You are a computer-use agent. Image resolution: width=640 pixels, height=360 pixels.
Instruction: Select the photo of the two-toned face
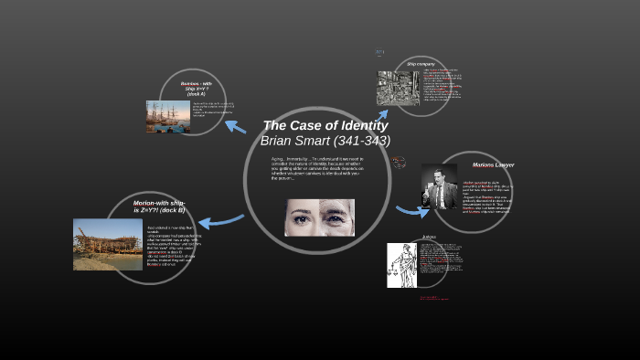point(319,217)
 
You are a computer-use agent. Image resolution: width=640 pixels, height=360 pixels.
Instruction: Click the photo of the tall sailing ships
point(167,117)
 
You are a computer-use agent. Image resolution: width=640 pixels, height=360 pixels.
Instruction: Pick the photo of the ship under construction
point(108,244)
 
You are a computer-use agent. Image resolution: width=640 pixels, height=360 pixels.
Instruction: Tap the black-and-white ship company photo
point(398,89)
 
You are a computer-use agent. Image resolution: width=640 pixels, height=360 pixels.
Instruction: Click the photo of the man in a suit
point(439,186)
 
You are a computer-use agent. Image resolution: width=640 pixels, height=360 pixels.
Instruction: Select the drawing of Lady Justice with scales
point(401,265)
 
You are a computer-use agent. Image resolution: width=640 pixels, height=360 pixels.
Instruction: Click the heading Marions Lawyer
point(494,164)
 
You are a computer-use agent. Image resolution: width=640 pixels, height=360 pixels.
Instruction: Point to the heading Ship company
point(420,63)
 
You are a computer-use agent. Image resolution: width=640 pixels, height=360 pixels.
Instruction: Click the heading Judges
point(429,238)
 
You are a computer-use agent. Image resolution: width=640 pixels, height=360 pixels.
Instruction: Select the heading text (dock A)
point(197,94)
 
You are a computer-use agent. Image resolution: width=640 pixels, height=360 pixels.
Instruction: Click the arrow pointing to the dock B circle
point(220,220)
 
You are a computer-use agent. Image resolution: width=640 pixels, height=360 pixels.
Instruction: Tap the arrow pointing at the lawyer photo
point(411,210)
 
